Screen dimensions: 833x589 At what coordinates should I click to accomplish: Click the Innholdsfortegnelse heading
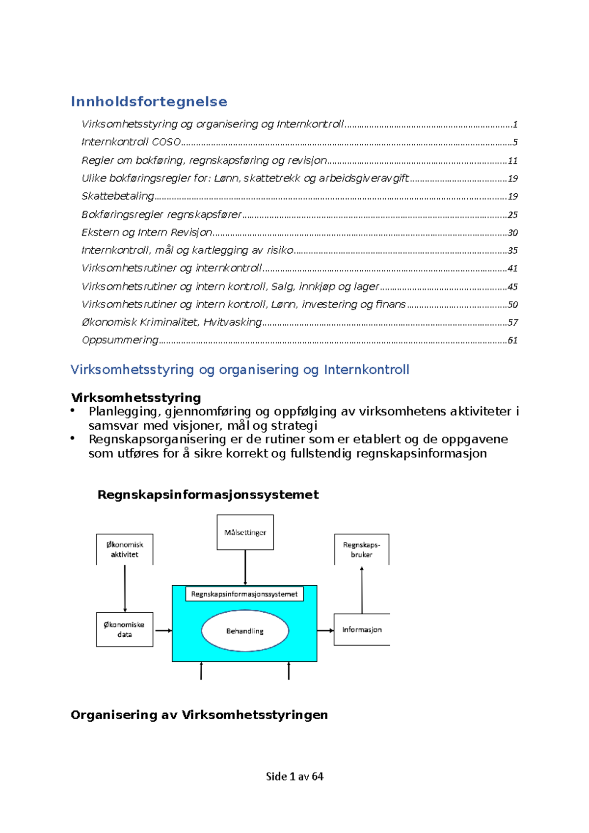pos(149,102)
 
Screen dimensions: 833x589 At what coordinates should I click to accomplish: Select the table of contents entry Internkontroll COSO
pos(131,142)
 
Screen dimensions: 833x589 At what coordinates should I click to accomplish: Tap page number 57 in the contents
pos(512,322)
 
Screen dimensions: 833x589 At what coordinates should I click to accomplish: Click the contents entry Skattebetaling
pos(118,196)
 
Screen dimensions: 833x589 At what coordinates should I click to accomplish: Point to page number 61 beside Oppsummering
pos(512,340)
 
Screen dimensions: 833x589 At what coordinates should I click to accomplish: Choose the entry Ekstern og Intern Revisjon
pos(147,233)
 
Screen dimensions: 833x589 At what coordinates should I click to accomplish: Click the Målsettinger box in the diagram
pos(245,532)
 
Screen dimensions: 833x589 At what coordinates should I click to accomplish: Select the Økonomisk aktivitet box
pos(125,549)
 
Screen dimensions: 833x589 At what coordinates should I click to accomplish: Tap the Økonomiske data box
pos(125,629)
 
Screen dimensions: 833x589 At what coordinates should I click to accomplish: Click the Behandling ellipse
pos(245,631)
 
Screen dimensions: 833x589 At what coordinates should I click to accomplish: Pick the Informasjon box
pos(362,629)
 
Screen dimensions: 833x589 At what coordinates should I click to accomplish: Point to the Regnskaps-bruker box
pos(362,549)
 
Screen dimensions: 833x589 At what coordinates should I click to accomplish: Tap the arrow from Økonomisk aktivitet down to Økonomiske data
pos(125,589)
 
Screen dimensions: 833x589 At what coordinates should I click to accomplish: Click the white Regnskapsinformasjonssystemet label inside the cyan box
pos(244,594)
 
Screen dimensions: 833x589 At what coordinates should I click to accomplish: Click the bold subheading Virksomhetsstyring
pos(136,397)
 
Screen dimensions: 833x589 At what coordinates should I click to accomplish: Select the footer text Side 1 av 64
pos(294,776)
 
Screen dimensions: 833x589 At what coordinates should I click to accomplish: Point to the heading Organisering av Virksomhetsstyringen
pos(199,715)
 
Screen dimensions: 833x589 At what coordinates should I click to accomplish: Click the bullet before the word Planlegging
pos(73,410)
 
